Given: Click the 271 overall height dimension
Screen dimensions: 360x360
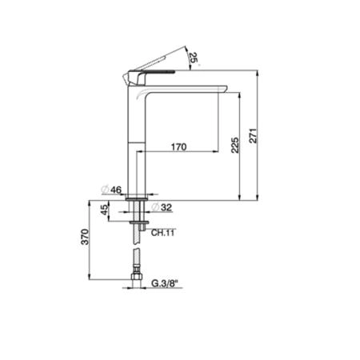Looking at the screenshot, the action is (x=254, y=136).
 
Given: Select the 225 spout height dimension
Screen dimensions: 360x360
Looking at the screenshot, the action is (x=235, y=145).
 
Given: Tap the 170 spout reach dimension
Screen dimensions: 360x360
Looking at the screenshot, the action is (x=178, y=147).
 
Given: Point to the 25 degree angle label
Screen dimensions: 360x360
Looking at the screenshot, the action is (x=194, y=58).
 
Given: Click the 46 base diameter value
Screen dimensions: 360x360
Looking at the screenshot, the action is (x=116, y=190).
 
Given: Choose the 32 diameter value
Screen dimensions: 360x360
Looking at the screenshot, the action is (x=166, y=207).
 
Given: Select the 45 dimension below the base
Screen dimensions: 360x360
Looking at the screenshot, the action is (x=105, y=210).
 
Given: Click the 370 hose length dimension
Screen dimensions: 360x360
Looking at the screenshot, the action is (x=85, y=237).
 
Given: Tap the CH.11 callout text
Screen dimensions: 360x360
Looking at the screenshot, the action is (x=162, y=233).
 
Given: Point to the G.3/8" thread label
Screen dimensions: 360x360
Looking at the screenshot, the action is (x=165, y=283).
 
